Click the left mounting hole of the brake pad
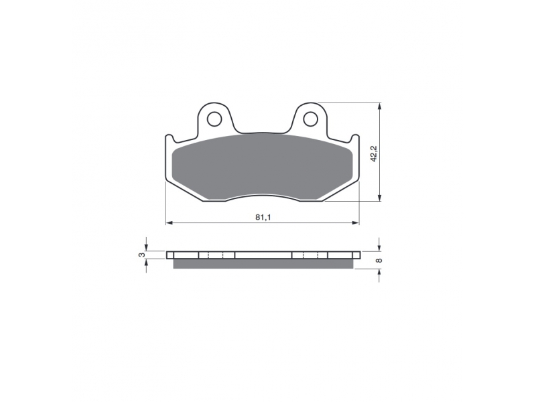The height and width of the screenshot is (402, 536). (x=214, y=119)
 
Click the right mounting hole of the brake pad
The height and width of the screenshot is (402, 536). (x=310, y=119)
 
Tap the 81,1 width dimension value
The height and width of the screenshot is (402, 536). (x=263, y=217)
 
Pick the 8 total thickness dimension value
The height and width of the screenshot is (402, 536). (x=379, y=261)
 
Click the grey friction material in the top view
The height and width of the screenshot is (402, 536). (x=262, y=166)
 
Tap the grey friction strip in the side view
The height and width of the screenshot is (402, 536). (x=263, y=263)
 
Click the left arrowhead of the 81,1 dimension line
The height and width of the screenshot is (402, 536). (x=169, y=223)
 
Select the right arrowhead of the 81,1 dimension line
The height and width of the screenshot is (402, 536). (x=356, y=223)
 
